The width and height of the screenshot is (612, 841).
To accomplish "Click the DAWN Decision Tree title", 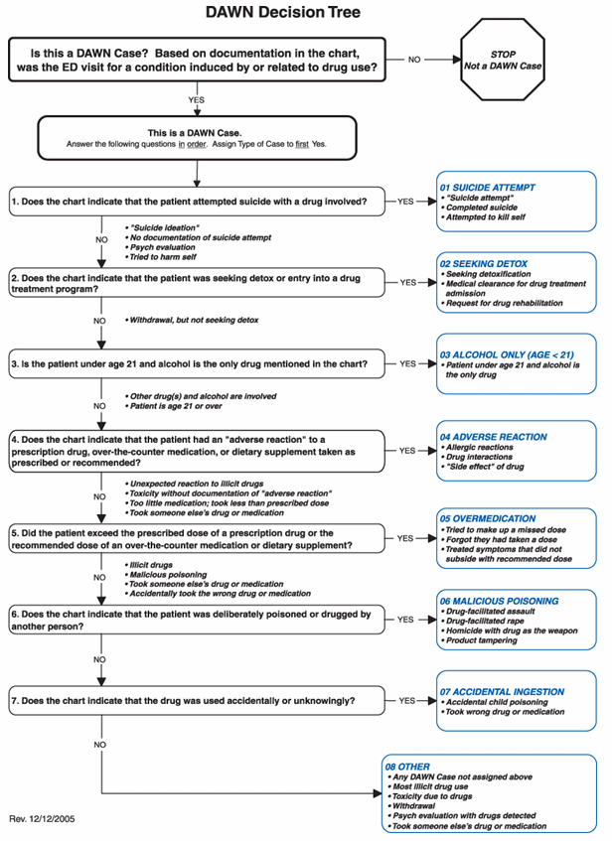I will click(283, 13).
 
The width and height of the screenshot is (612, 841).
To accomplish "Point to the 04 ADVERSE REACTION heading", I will click(494, 437).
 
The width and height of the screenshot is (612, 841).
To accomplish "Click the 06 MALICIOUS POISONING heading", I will click(500, 601).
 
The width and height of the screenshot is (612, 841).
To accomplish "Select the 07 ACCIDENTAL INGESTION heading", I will click(502, 692).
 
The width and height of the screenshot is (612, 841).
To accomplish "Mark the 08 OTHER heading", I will click(414, 766).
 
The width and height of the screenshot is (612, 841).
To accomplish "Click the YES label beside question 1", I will click(406, 202).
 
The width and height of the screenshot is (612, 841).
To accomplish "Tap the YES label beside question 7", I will click(406, 701).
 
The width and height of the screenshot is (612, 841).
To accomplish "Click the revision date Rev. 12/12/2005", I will click(42, 820).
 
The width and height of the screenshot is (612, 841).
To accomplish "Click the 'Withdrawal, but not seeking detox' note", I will click(193, 321).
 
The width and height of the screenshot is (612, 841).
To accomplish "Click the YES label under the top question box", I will click(197, 100).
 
